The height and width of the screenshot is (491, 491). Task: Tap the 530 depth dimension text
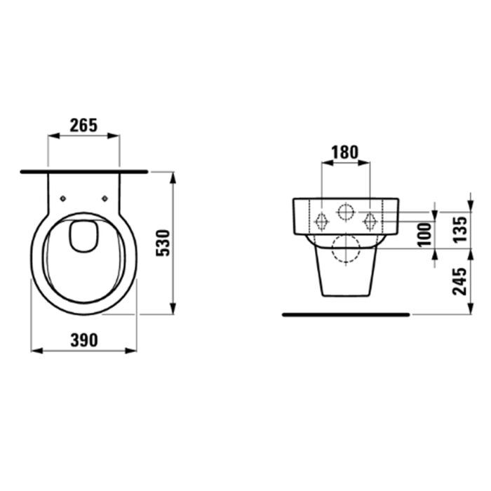pos(162,242)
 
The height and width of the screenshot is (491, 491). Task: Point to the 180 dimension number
pos(344,152)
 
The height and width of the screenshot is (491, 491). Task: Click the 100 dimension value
pos(423,234)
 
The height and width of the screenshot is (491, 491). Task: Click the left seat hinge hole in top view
pos(64,197)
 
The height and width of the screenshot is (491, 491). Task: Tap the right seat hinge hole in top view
pos(105,197)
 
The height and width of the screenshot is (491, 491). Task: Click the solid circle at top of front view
pos(345,210)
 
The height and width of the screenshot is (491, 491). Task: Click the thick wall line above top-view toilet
pos(84,170)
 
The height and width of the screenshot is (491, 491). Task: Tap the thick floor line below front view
pos(345,315)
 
